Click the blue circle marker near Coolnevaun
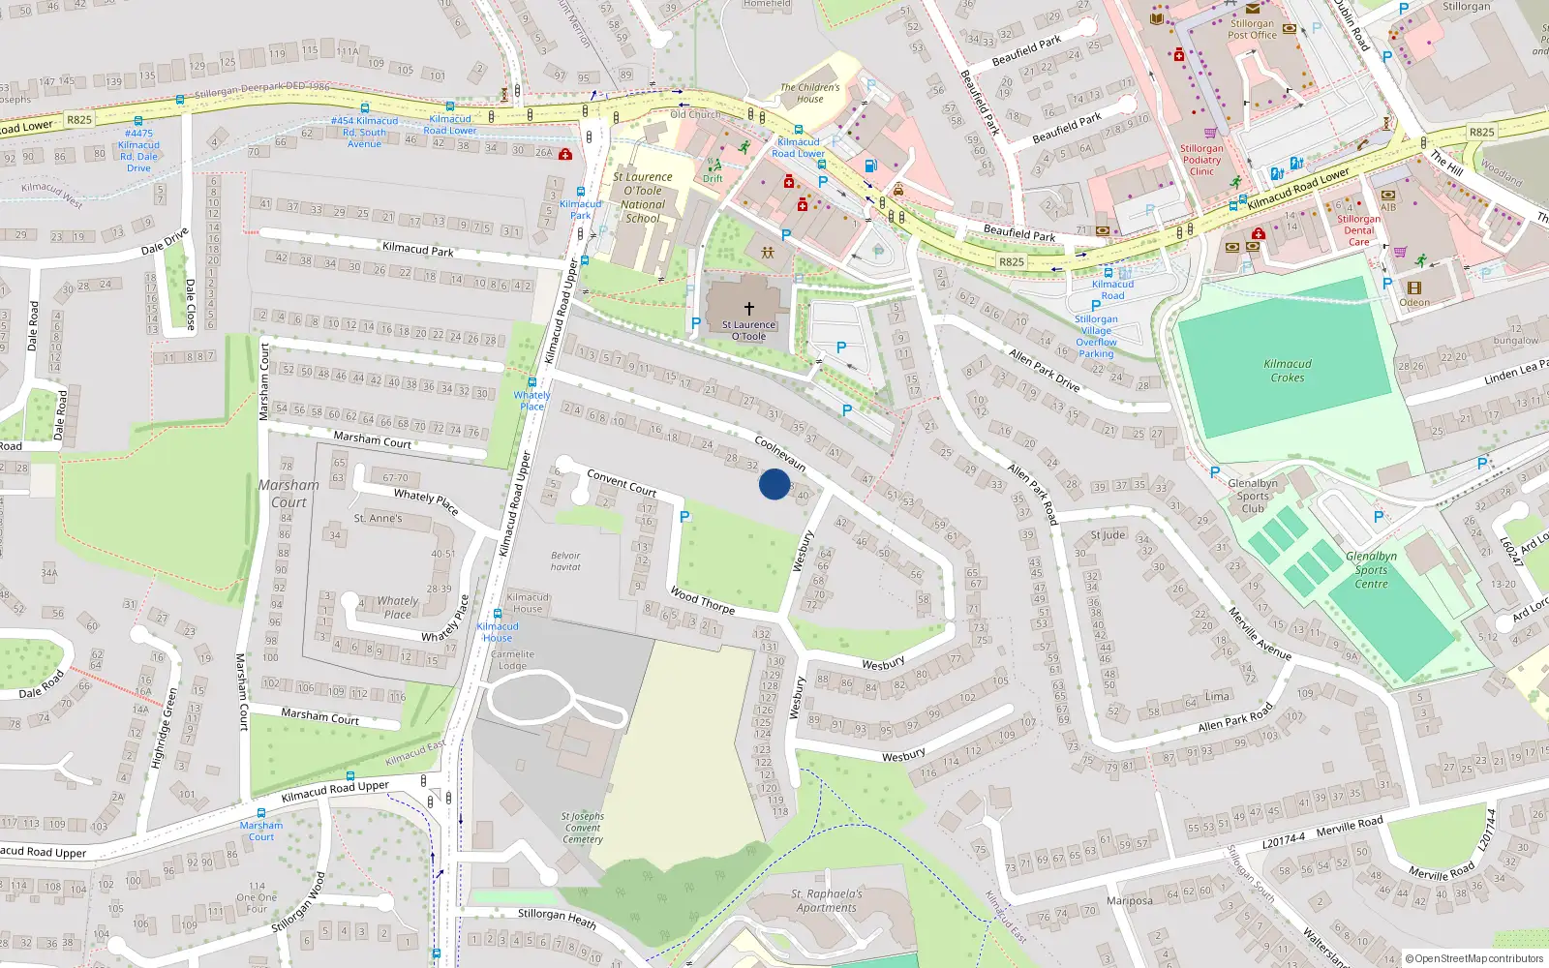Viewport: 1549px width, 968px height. [x=774, y=484]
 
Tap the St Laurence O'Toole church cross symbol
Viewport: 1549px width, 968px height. [x=748, y=309]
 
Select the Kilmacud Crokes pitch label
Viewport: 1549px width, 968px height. [x=1288, y=371]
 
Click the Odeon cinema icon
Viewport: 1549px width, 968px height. [x=1414, y=288]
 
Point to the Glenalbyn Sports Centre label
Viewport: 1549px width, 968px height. [x=1371, y=570]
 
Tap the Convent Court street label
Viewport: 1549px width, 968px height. [x=622, y=483]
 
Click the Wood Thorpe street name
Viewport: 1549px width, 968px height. [x=703, y=601]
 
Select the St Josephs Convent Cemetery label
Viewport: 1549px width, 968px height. [x=583, y=828]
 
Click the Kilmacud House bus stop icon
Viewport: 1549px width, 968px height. [x=498, y=614]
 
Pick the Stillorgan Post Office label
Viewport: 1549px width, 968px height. [x=1252, y=29]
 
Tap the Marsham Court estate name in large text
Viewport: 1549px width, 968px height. [x=289, y=494]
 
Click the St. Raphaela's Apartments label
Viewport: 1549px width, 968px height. [x=826, y=900]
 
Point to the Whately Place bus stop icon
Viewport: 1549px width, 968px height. [x=532, y=382]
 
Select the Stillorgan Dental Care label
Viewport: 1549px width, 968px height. [x=1358, y=230]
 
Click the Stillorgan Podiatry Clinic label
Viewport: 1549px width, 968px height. [x=1201, y=160]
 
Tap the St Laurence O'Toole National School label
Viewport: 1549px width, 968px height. [x=644, y=197]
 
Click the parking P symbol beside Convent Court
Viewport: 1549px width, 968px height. [x=684, y=517]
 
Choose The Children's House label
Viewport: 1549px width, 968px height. [x=810, y=93]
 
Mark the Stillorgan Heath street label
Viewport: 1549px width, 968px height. [x=557, y=918]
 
